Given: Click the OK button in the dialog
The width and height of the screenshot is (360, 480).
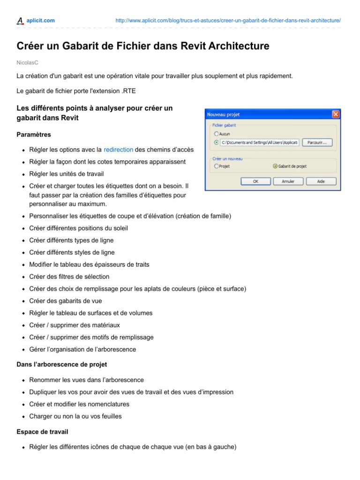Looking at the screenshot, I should point(255,181).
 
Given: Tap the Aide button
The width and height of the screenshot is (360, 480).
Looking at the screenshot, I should point(321,181).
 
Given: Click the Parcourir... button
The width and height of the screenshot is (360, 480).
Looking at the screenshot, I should point(317,142).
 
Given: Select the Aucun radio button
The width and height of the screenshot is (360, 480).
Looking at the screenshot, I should point(216,134).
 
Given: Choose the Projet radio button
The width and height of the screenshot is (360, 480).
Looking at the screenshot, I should point(216,166).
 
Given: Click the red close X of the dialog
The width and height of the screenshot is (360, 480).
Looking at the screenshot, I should point(336,114).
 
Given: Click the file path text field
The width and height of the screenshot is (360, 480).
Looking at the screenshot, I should point(259,142).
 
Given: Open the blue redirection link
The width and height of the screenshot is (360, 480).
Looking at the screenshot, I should point(118,150).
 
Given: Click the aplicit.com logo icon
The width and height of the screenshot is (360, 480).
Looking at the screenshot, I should point(20,20).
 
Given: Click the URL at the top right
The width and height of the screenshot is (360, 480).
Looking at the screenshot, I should point(228,21).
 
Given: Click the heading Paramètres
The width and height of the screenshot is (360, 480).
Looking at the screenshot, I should point(34,135).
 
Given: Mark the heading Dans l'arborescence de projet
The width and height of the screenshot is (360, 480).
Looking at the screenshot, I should point(62,364).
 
